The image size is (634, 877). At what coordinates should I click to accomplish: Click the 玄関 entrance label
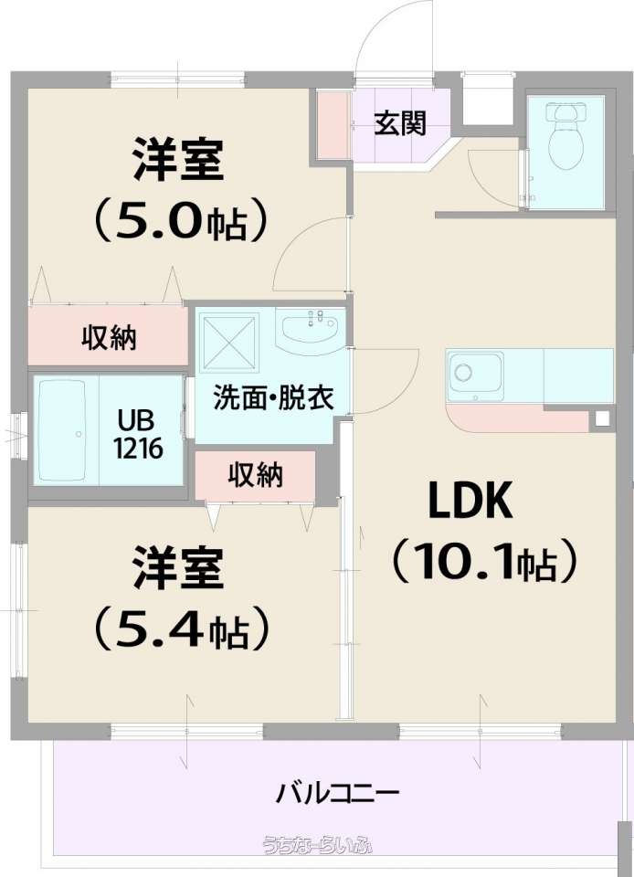400,123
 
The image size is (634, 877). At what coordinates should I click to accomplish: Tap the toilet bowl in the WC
565,145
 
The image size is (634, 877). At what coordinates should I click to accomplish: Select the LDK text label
470,502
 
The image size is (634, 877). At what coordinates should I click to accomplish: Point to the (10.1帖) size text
483,561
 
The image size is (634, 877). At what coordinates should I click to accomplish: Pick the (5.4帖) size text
178,629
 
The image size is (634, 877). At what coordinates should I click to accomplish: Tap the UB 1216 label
138,433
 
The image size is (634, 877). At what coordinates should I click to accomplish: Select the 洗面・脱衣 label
273,397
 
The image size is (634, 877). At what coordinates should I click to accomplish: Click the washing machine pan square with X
230,342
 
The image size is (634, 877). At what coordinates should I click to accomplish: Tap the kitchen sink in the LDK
475,375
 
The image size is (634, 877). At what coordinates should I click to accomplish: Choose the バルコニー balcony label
338,793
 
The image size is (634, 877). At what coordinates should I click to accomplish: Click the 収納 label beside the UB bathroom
109,338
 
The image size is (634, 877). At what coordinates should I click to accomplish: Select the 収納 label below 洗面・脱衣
255,475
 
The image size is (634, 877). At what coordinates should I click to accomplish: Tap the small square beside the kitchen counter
602,417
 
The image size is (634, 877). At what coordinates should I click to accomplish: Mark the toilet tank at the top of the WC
565,111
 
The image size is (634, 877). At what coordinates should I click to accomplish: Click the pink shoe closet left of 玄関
333,123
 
